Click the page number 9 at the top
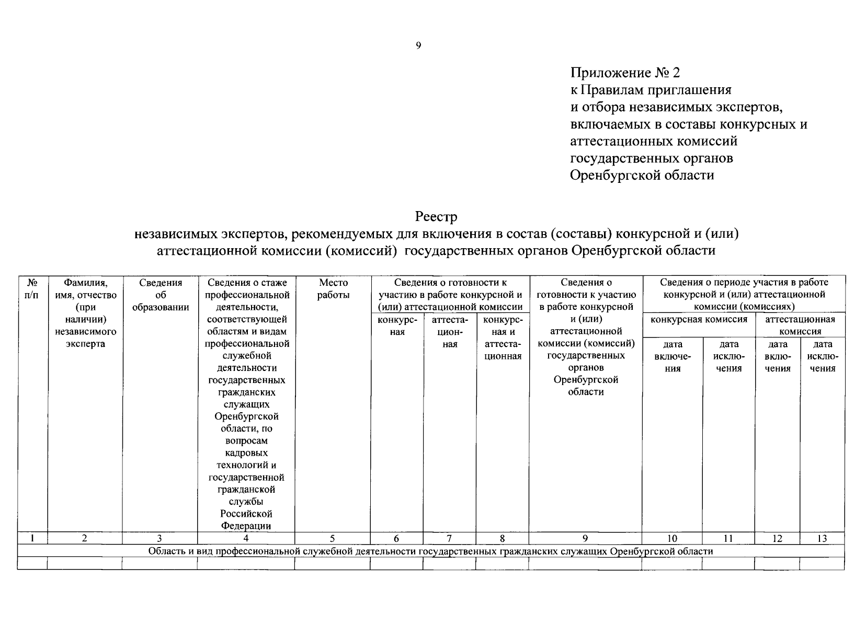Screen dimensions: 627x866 [x=418, y=45]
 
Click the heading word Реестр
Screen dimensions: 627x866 [x=436, y=216]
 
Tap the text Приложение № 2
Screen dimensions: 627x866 [x=625, y=73]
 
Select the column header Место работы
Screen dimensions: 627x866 [x=333, y=289]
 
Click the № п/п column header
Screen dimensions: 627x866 [x=32, y=289]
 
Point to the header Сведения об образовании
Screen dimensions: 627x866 [x=161, y=295]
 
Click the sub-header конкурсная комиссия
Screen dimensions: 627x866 [x=698, y=319]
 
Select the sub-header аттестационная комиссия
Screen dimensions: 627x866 [x=800, y=325]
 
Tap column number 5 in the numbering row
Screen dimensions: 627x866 [x=332, y=539]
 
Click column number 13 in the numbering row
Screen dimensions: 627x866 [x=822, y=539]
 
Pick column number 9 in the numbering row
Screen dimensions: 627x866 [x=585, y=539]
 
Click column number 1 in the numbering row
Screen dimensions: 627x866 [x=32, y=539]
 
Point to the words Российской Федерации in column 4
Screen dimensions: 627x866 [x=246, y=520]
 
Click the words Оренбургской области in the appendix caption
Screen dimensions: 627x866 [x=642, y=175]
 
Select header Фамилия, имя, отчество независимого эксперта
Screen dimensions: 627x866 [x=85, y=313]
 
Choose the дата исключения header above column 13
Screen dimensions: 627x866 [x=822, y=356]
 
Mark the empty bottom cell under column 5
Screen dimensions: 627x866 [x=332, y=563]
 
